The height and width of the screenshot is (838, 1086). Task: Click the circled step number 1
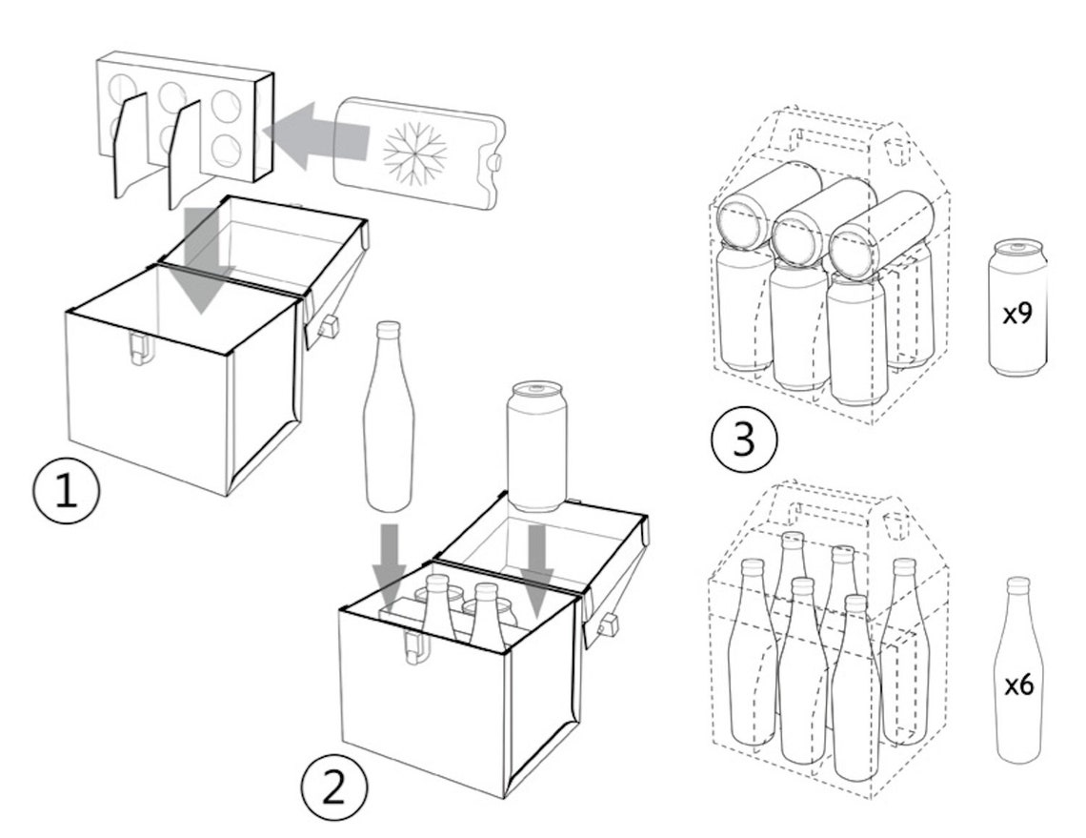(x=67, y=490)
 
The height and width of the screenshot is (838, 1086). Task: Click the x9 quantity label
(x=1017, y=314)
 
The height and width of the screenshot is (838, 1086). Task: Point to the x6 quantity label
(x=1018, y=685)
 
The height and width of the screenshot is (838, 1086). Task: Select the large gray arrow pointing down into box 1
(x=202, y=260)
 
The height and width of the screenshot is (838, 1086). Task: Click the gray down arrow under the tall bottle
(x=390, y=564)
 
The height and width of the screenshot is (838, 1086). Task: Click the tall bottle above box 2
(x=389, y=416)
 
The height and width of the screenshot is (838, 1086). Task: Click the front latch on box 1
(x=138, y=347)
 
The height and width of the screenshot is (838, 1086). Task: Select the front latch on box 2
(x=415, y=645)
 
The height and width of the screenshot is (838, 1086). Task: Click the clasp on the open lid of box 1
(x=329, y=324)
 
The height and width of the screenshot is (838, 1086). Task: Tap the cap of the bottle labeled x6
(x=1016, y=583)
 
